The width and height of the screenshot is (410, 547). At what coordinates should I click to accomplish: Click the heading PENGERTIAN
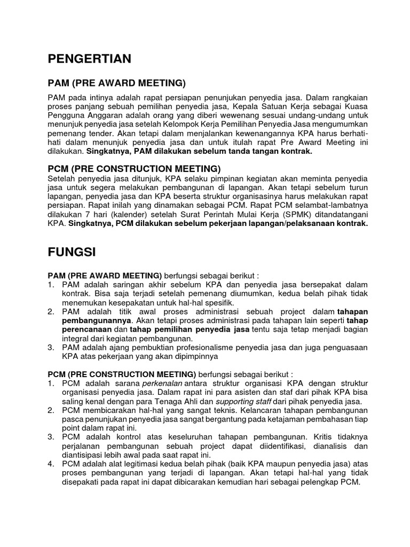89,59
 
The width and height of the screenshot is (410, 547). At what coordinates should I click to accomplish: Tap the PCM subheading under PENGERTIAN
134,169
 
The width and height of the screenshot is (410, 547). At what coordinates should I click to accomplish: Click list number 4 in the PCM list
51,464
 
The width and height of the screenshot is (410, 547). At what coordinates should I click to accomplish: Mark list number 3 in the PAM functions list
51,347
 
